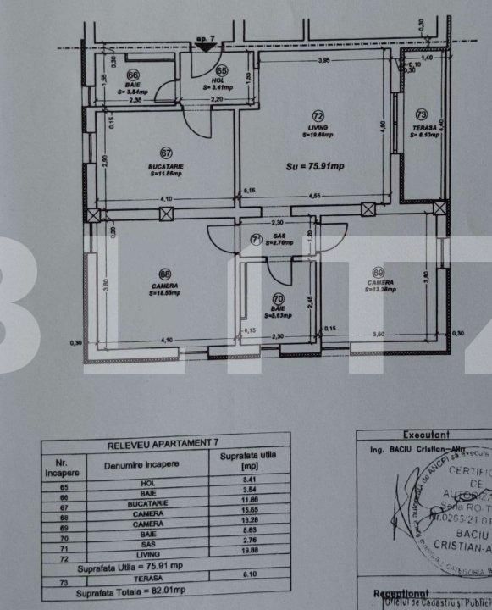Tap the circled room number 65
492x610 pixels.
point(221,71)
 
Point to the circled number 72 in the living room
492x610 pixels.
point(318,115)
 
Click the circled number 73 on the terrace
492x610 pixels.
point(422,114)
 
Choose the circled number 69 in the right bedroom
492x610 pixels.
point(378,273)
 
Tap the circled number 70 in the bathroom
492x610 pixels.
point(278,298)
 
